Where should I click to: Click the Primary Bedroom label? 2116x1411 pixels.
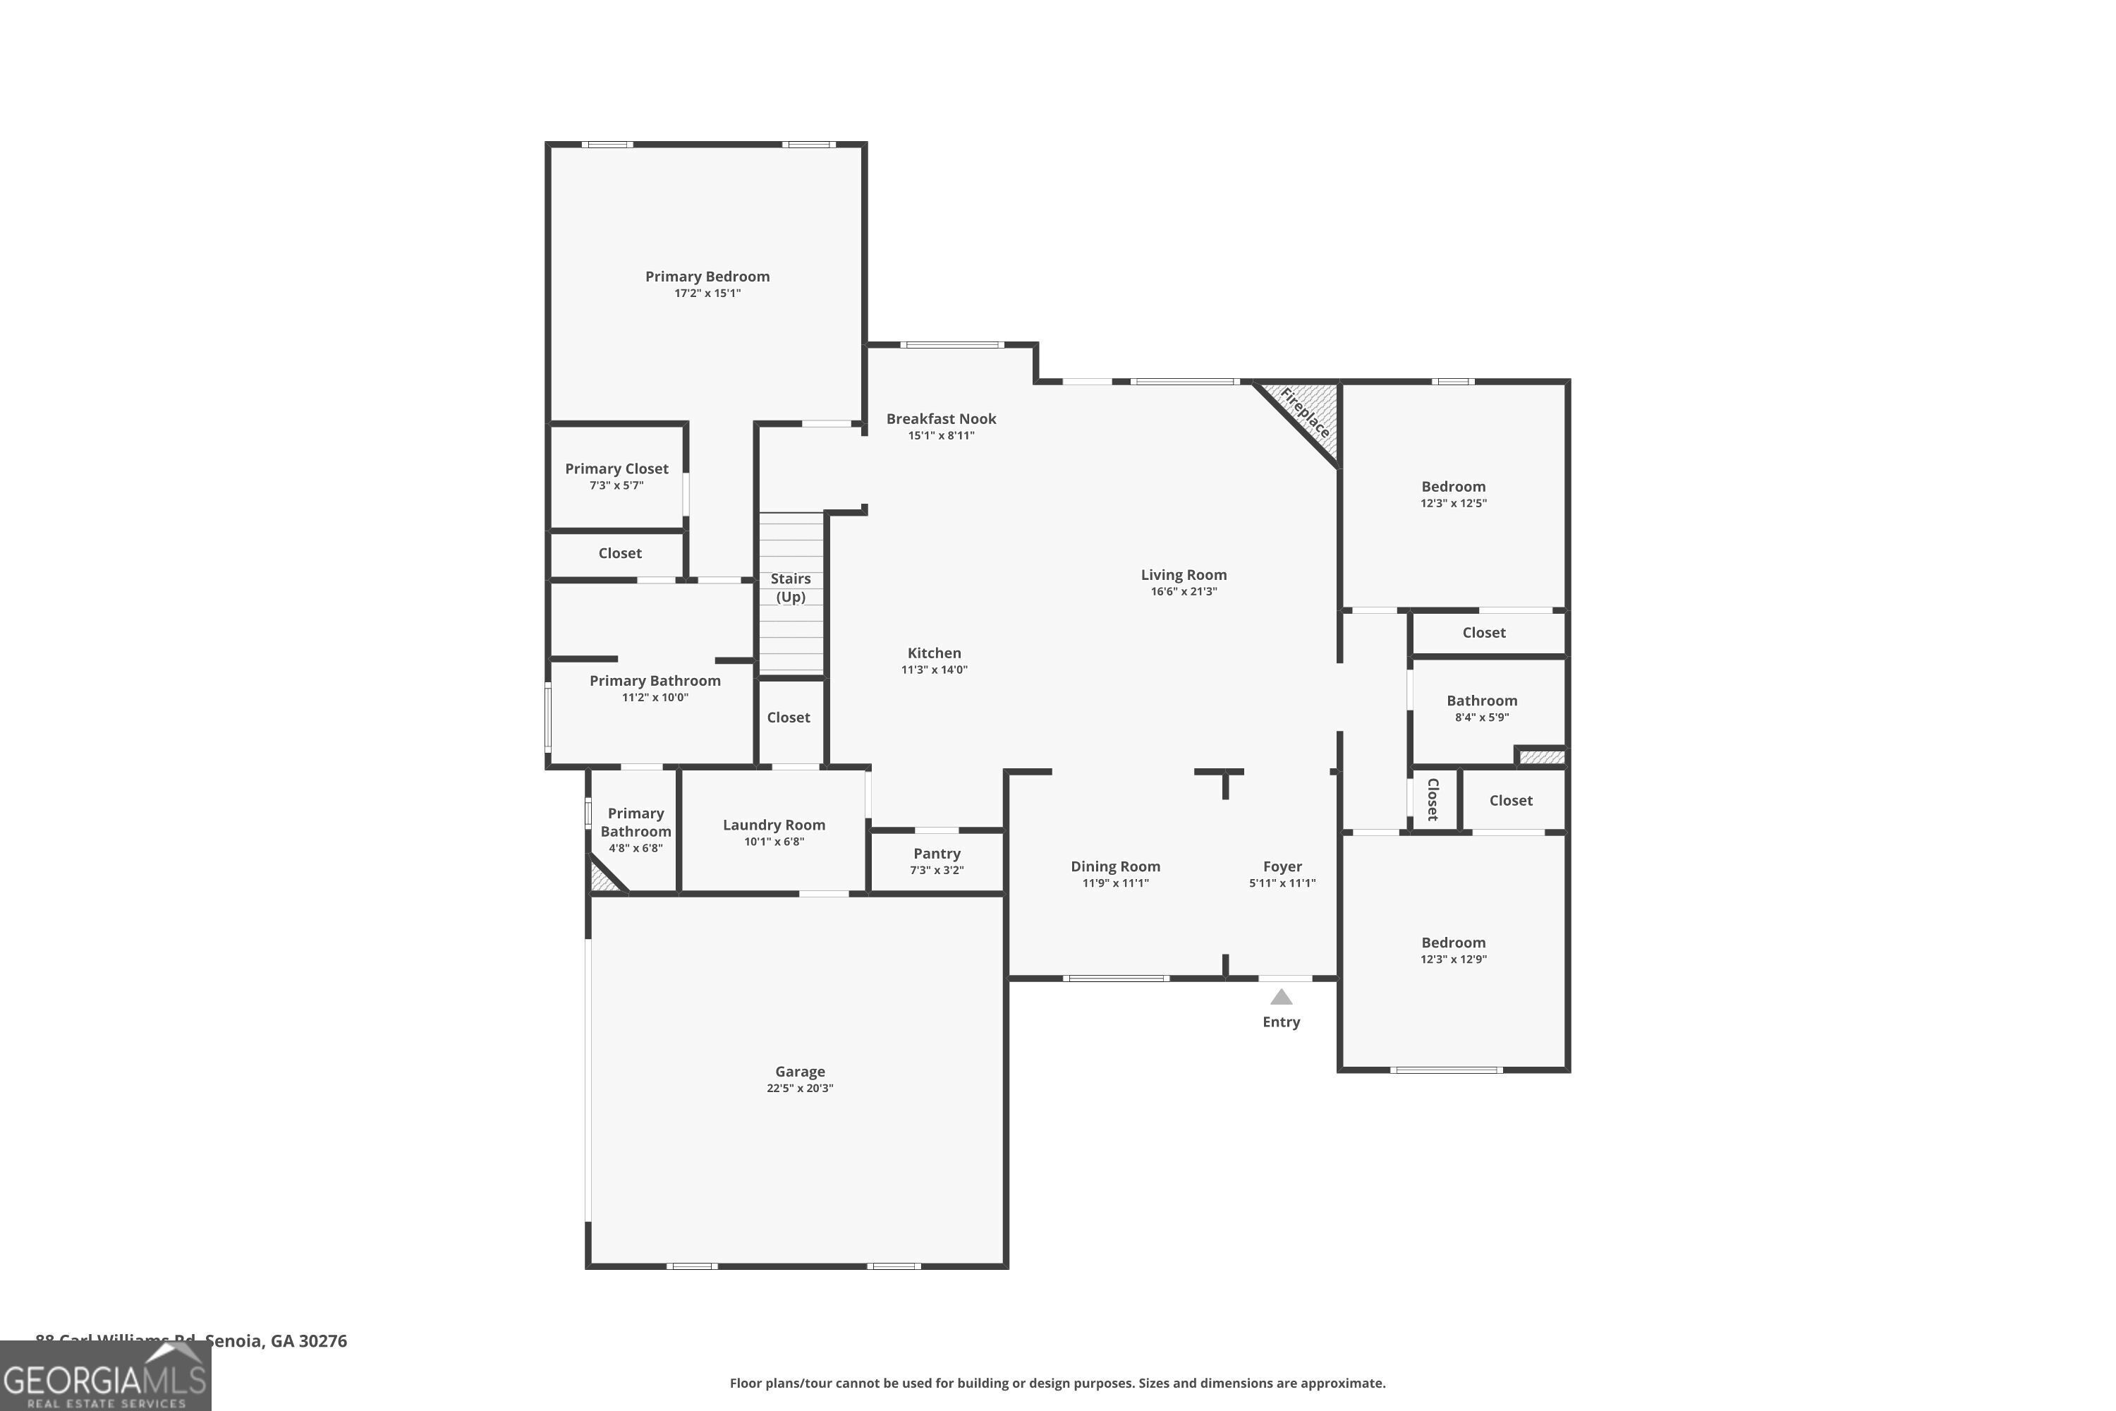[x=707, y=277]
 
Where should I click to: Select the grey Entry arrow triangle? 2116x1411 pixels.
[x=1281, y=997]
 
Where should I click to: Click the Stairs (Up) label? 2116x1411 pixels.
[x=790, y=587]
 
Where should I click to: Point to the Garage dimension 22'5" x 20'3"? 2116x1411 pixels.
[x=800, y=1088]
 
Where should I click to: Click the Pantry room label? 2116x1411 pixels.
[x=937, y=853]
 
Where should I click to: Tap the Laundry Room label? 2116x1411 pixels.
[x=774, y=824]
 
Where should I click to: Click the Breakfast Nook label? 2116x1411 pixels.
[x=941, y=418]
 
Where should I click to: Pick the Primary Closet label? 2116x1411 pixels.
[x=616, y=468]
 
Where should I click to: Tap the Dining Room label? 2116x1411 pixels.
[x=1114, y=866]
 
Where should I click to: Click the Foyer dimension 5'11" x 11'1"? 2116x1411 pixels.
[x=1282, y=883]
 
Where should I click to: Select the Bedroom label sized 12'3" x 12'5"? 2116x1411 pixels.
[x=1453, y=486]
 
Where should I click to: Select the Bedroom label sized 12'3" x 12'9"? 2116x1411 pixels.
[x=1453, y=942]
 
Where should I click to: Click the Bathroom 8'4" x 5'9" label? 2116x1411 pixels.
[x=1482, y=700]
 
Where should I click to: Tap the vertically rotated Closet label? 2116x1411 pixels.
[x=1433, y=799]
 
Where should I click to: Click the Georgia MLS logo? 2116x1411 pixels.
[x=105, y=1376]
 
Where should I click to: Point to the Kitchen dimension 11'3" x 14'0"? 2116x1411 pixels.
[x=934, y=670]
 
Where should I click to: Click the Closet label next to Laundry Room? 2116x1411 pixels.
[x=788, y=717]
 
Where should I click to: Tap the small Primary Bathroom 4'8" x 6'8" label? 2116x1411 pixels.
[x=636, y=830]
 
